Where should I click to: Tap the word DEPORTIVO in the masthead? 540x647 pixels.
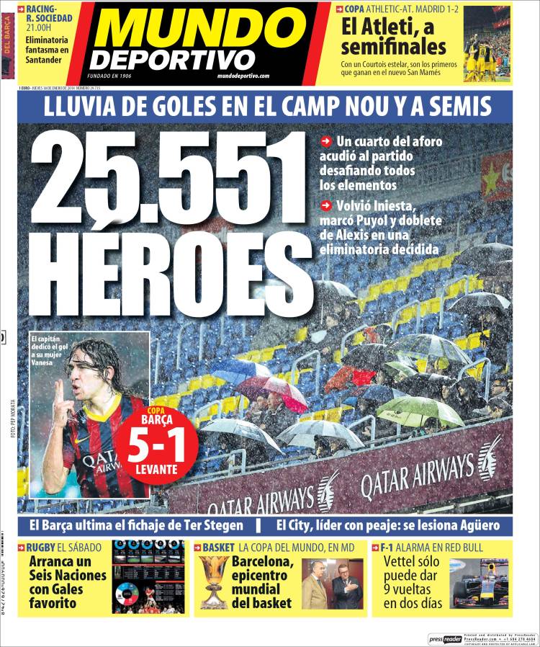173,59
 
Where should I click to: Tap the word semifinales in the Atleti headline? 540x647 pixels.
393,48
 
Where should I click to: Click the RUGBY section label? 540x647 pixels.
40,547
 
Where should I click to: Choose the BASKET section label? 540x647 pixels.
218,547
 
